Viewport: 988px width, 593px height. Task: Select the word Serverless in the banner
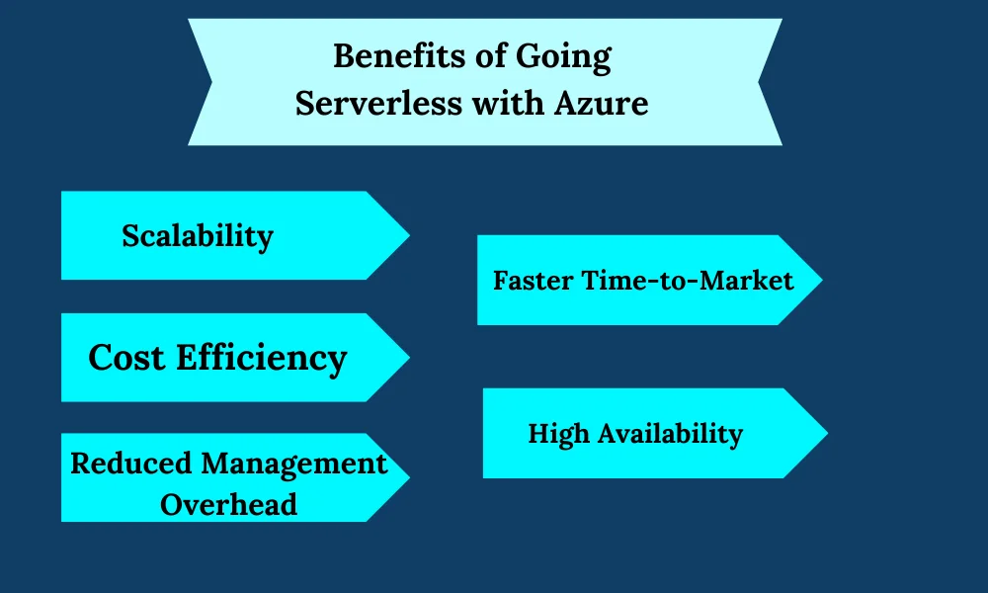tap(378, 104)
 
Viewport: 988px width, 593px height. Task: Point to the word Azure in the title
tap(601, 104)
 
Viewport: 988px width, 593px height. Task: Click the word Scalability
tap(198, 237)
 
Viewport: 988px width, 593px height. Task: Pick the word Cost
tap(126, 358)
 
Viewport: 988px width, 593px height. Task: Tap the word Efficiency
tap(262, 359)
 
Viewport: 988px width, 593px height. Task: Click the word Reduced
tap(130, 464)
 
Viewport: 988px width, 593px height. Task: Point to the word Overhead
tap(229, 505)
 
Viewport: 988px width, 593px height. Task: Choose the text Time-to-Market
tap(688, 281)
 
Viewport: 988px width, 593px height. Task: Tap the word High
tap(558, 435)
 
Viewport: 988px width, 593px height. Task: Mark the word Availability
tap(671, 435)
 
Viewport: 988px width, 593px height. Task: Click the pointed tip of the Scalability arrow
tap(410, 235)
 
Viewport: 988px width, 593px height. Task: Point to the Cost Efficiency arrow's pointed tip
tap(410, 358)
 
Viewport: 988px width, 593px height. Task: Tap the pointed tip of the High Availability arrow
tap(827, 433)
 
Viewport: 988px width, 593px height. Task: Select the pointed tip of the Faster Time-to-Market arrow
tap(822, 280)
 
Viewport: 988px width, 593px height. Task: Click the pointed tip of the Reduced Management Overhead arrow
tap(410, 477)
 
